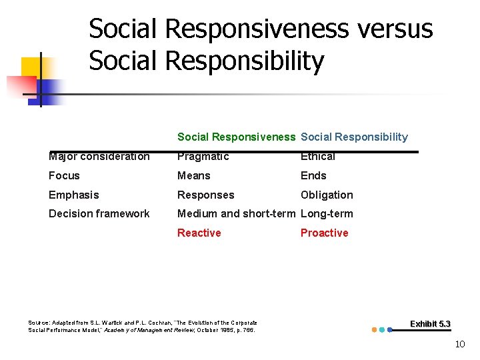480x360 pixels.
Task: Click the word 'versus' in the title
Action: coord(393,29)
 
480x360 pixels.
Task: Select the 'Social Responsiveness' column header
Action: coord(236,137)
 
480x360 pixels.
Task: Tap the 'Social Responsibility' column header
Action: coord(354,137)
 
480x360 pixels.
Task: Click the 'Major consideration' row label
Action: coord(99,157)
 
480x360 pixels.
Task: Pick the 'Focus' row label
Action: coord(64,176)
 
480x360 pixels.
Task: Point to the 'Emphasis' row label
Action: coord(73,195)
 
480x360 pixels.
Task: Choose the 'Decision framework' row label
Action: coord(99,214)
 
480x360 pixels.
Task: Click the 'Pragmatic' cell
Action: coord(203,157)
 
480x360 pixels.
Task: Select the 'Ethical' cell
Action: coord(318,157)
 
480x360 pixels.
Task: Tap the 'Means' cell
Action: coord(193,176)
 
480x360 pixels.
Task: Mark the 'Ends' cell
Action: coord(313,176)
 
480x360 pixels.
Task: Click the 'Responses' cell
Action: coord(205,195)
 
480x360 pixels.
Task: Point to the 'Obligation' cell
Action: coord(327,195)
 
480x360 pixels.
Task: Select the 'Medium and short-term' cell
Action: coord(236,214)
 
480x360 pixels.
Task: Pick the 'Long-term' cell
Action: coord(327,214)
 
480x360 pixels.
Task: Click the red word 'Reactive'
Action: coord(199,233)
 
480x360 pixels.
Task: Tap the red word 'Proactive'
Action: coord(324,233)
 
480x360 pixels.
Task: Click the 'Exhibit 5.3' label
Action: coord(430,324)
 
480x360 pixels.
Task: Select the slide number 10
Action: coord(459,345)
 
